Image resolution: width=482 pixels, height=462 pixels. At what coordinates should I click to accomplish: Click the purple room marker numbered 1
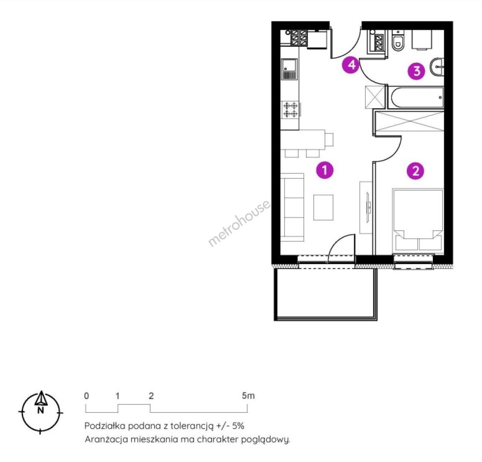(x=325, y=170)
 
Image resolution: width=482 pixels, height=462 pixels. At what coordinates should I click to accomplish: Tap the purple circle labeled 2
(x=415, y=171)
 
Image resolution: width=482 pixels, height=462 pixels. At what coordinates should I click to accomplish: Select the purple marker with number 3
(x=417, y=71)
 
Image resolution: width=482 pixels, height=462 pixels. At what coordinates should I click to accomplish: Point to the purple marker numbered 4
(x=351, y=65)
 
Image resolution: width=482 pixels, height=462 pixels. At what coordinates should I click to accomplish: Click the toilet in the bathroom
(x=398, y=41)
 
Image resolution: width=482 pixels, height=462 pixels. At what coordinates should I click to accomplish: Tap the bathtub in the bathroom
(x=416, y=98)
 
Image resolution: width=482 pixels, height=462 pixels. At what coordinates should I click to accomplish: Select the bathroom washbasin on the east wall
(x=437, y=66)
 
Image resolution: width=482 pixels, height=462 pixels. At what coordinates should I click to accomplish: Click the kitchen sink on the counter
(x=289, y=69)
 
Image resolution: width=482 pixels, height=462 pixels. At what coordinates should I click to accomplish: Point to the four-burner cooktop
(x=291, y=110)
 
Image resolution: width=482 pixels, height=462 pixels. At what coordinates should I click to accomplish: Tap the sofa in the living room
(x=293, y=207)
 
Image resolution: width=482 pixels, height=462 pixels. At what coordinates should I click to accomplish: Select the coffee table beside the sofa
(x=323, y=207)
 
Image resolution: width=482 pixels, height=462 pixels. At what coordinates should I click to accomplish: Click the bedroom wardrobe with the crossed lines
(x=409, y=122)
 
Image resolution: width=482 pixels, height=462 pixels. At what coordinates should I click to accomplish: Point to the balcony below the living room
(x=326, y=294)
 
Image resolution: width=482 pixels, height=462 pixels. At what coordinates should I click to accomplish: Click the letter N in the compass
(x=40, y=410)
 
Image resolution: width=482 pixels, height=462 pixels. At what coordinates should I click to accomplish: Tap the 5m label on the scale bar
(x=248, y=396)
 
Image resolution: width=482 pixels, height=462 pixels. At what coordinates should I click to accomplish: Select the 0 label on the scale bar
(x=86, y=396)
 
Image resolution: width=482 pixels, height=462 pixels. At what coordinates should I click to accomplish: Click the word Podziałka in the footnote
(x=105, y=426)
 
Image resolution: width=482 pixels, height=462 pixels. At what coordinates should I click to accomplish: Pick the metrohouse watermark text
(x=239, y=223)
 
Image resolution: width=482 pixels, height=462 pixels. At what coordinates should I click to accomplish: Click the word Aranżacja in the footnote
(x=106, y=439)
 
